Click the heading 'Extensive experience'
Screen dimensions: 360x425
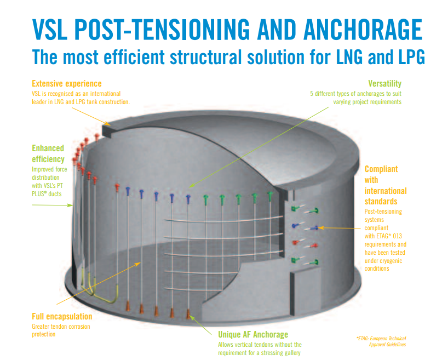[x=67, y=84]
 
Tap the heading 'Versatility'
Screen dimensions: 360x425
[x=384, y=84]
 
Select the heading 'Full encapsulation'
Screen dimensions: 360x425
[x=62, y=317]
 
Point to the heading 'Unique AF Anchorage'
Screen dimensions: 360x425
[x=253, y=334]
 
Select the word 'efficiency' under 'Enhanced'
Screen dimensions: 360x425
[x=48, y=159]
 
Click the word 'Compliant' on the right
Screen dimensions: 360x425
[x=381, y=169]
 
